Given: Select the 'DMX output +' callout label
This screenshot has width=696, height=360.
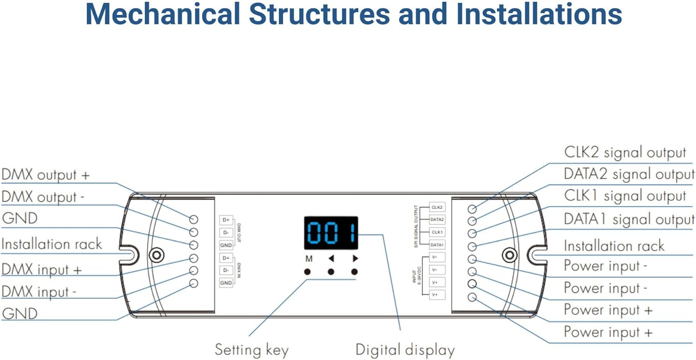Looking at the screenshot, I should pyautogui.click(x=45, y=175).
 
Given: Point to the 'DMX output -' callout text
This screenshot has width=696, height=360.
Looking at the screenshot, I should pyautogui.click(x=43, y=197).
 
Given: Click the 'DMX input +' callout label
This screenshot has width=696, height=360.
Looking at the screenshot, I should pyautogui.click(x=41, y=270).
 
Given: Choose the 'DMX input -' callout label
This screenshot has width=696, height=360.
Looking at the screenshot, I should pyautogui.click(x=39, y=292).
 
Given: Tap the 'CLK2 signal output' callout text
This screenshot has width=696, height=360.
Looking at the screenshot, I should pyautogui.click(x=625, y=153).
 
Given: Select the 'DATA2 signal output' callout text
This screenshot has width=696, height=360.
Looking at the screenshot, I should pyautogui.click(x=629, y=174).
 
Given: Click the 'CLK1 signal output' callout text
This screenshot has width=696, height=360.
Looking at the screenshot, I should pyautogui.click(x=625, y=196).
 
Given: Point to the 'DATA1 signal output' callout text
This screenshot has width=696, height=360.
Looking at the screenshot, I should pyautogui.click(x=629, y=219).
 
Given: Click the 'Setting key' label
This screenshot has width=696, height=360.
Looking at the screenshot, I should pyautogui.click(x=251, y=350).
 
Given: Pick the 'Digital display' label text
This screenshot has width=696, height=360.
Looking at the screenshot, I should pyautogui.click(x=405, y=350).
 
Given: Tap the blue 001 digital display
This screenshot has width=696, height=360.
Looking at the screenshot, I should pyautogui.click(x=331, y=232).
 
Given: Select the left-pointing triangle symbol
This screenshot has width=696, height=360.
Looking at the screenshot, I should pyautogui.click(x=331, y=259).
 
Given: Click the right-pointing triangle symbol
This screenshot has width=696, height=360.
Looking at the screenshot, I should pyautogui.click(x=355, y=259).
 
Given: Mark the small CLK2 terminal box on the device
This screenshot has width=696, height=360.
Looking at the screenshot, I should pyautogui.click(x=437, y=207).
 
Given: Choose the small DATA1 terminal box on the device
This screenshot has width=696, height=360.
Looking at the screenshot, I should pyautogui.click(x=437, y=244).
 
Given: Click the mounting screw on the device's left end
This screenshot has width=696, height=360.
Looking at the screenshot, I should pyautogui.click(x=157, y=255).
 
